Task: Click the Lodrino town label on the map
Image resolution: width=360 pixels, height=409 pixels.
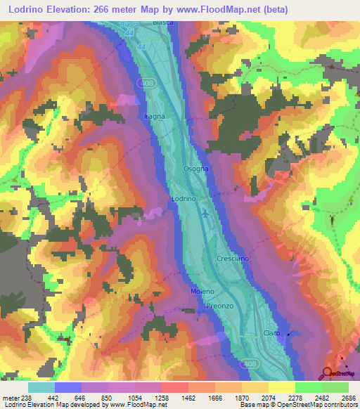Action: tap(183, 200)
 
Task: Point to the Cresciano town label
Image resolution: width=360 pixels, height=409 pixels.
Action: tap(233, 259)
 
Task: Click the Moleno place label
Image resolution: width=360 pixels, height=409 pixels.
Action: tap(202, 291)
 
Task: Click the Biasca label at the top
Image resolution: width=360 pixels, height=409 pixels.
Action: tap(163, 22)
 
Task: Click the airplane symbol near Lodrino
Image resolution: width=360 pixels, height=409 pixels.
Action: tap(205, 214)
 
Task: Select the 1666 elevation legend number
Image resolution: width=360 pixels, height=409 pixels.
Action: tap(214, 398)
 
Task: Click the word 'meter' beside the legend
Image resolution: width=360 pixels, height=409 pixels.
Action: tap(10, 398)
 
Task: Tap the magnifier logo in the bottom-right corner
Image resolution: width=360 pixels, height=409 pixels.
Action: tap(328, 373)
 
